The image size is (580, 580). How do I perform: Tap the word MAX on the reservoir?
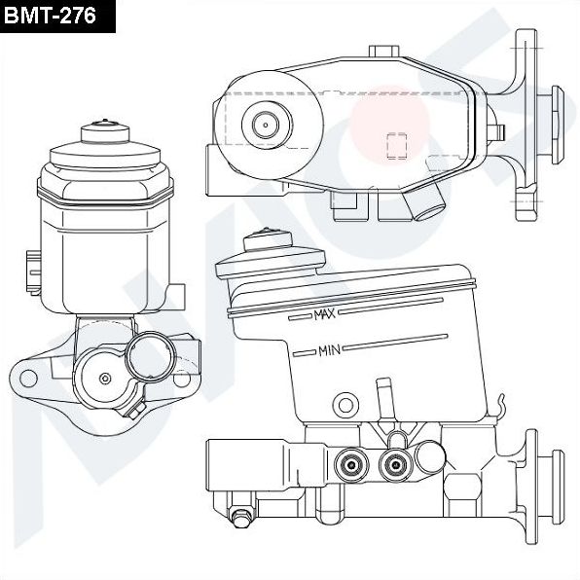(324, 314)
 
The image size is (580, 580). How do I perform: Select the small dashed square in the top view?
(396, 145)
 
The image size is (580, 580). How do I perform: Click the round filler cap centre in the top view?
(265, 124)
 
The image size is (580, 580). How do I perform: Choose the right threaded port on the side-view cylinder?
(395, 463)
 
